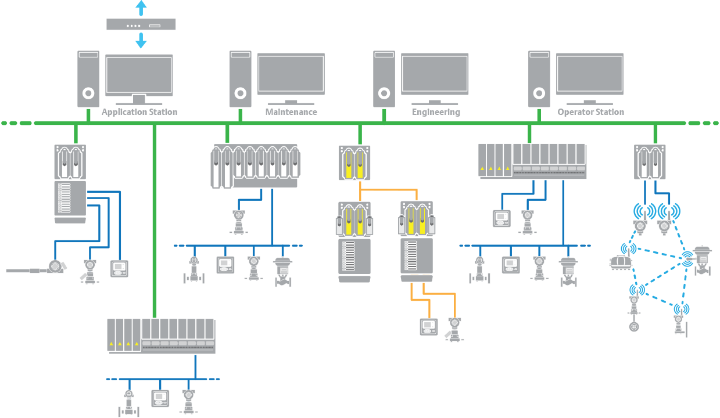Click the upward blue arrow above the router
pyautogui.click(x=141, y=8)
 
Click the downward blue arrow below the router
pyautogui.click(x=141, y=41)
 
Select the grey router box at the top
pyautogui.click(x=141, y=24)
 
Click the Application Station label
pyautogui.click(x=139, y=111)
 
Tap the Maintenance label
pyautogui.click(x=291, y=111)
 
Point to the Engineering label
pyautogui.click(x=436, y=111)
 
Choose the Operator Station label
pyautogui.click(x=591, y=111)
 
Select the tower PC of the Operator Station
pyautogui.click(x=539, y=79)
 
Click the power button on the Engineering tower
pyautogui.click(x=384, y=93)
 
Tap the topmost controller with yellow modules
pyautogui.click(x=354, y=163)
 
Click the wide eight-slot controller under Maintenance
pyautogui.click(x=256, y=166)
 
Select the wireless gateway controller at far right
pyautogui.click(x=650, y=162)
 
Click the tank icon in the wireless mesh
pyautogui.click(x=619, y=262)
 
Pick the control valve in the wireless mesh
pyautogui.click(x=703, y=261)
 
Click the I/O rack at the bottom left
pyautogui.click(x=161, y=336)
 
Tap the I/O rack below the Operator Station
pyautogui.click(x=532, y=161)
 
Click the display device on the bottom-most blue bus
pyautogui.click(x=160, y=399)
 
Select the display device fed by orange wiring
pyautogui.click(x=429, y=327)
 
